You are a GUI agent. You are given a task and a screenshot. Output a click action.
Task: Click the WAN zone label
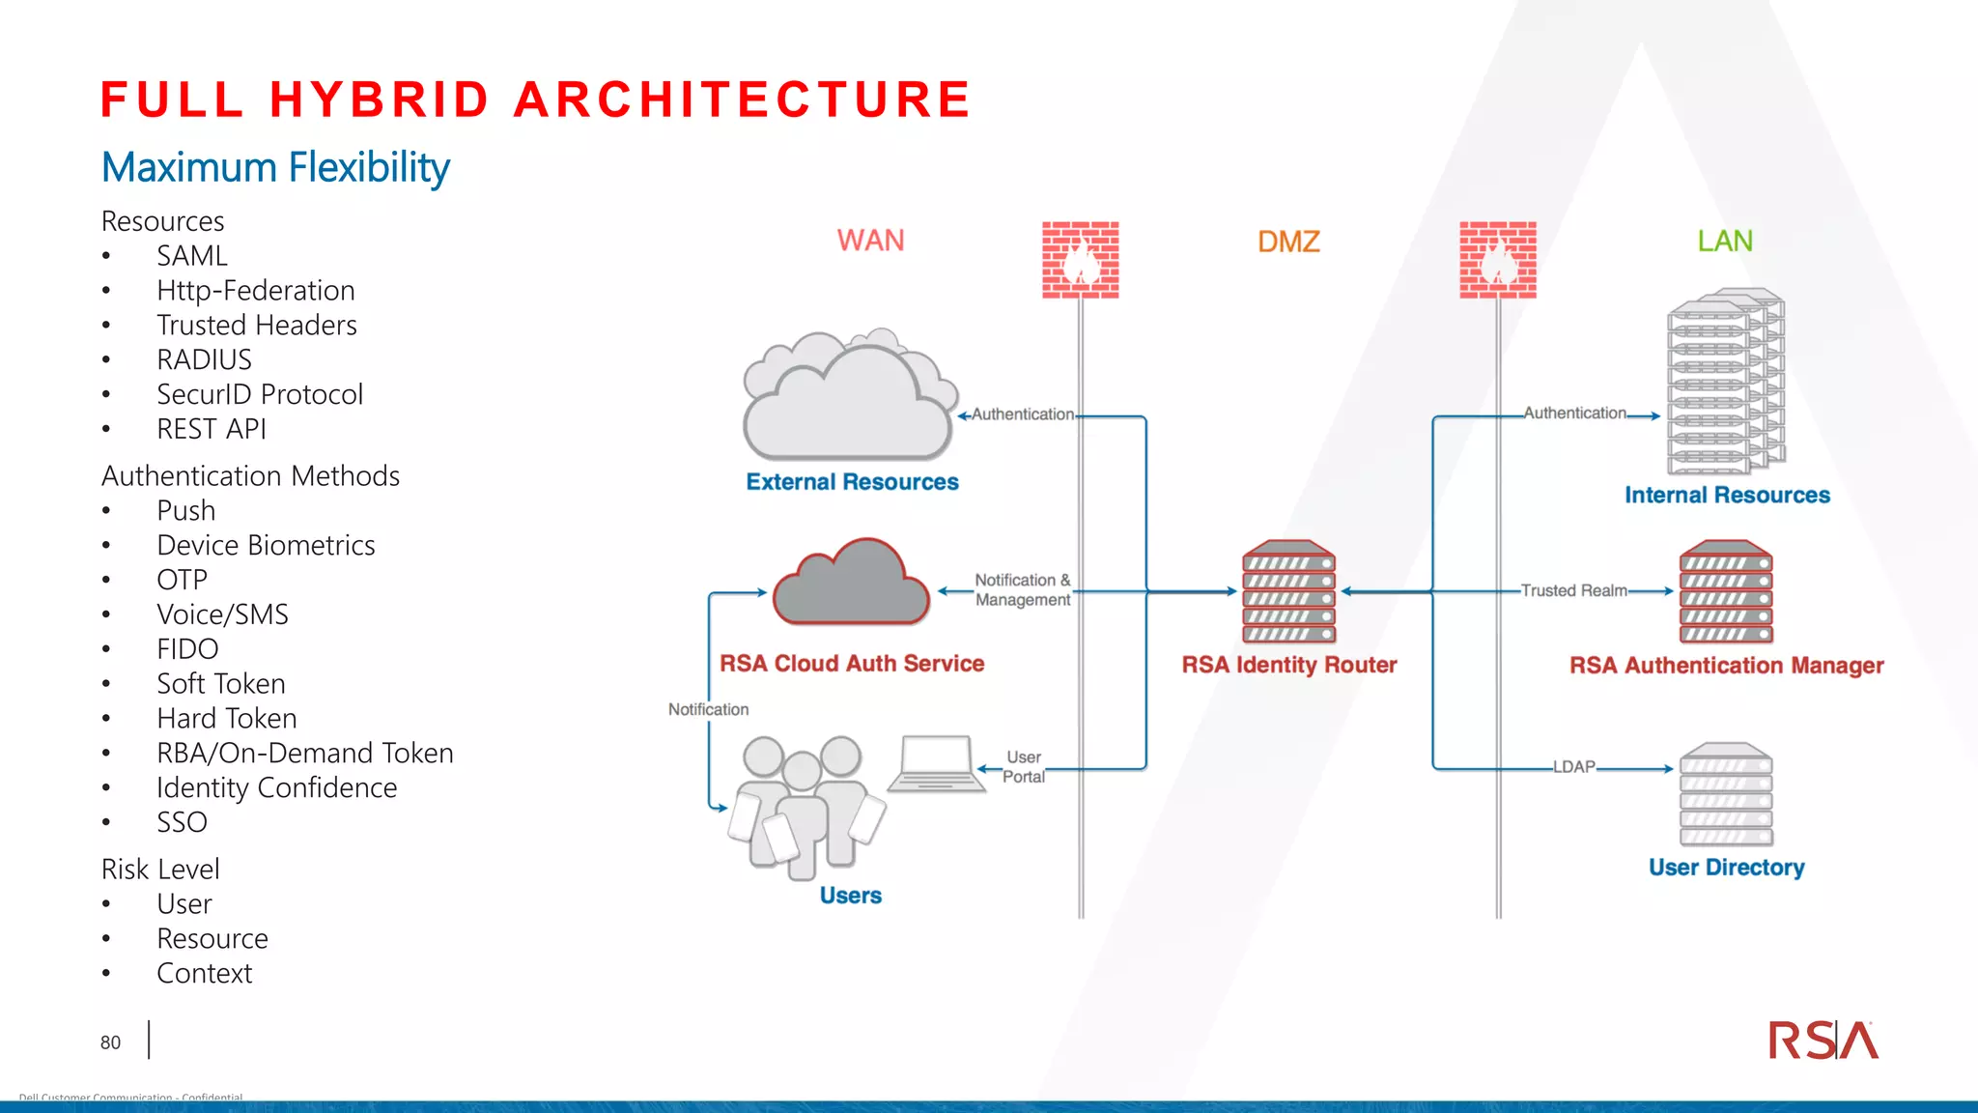point(870,241)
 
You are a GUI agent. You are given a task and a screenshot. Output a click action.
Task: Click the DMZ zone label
point(1288,242)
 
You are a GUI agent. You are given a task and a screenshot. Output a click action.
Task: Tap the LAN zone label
point(1725,241)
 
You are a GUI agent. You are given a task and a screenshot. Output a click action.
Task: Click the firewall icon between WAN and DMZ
point(1080,260)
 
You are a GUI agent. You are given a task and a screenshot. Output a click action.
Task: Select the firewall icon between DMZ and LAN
point(1497,260)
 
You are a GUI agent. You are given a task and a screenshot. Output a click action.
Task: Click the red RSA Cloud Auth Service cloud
point(851,585)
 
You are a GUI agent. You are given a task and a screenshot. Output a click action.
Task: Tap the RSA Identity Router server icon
point(1288,592)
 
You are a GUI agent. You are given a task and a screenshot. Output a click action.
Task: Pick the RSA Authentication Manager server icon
point(1726,592)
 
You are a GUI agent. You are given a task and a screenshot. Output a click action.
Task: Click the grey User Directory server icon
point(1726,794)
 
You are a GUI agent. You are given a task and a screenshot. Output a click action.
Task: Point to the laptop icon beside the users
point(936,764)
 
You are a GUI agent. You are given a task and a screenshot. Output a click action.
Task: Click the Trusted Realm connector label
point(1573,590)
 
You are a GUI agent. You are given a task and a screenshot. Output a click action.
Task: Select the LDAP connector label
point(1573,767)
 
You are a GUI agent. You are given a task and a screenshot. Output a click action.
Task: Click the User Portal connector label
point(1024,767)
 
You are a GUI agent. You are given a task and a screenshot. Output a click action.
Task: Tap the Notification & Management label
point(1023,589)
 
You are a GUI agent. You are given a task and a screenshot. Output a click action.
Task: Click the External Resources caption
point(852,482)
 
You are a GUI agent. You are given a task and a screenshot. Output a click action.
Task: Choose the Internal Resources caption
point(1727,496)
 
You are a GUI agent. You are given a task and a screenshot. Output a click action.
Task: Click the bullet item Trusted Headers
point(257,326)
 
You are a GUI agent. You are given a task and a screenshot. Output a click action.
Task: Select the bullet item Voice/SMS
point(222,614)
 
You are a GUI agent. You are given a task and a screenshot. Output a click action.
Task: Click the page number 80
point(110,1042)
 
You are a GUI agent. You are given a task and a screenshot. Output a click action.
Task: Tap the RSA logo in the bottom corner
point(1823,1042)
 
